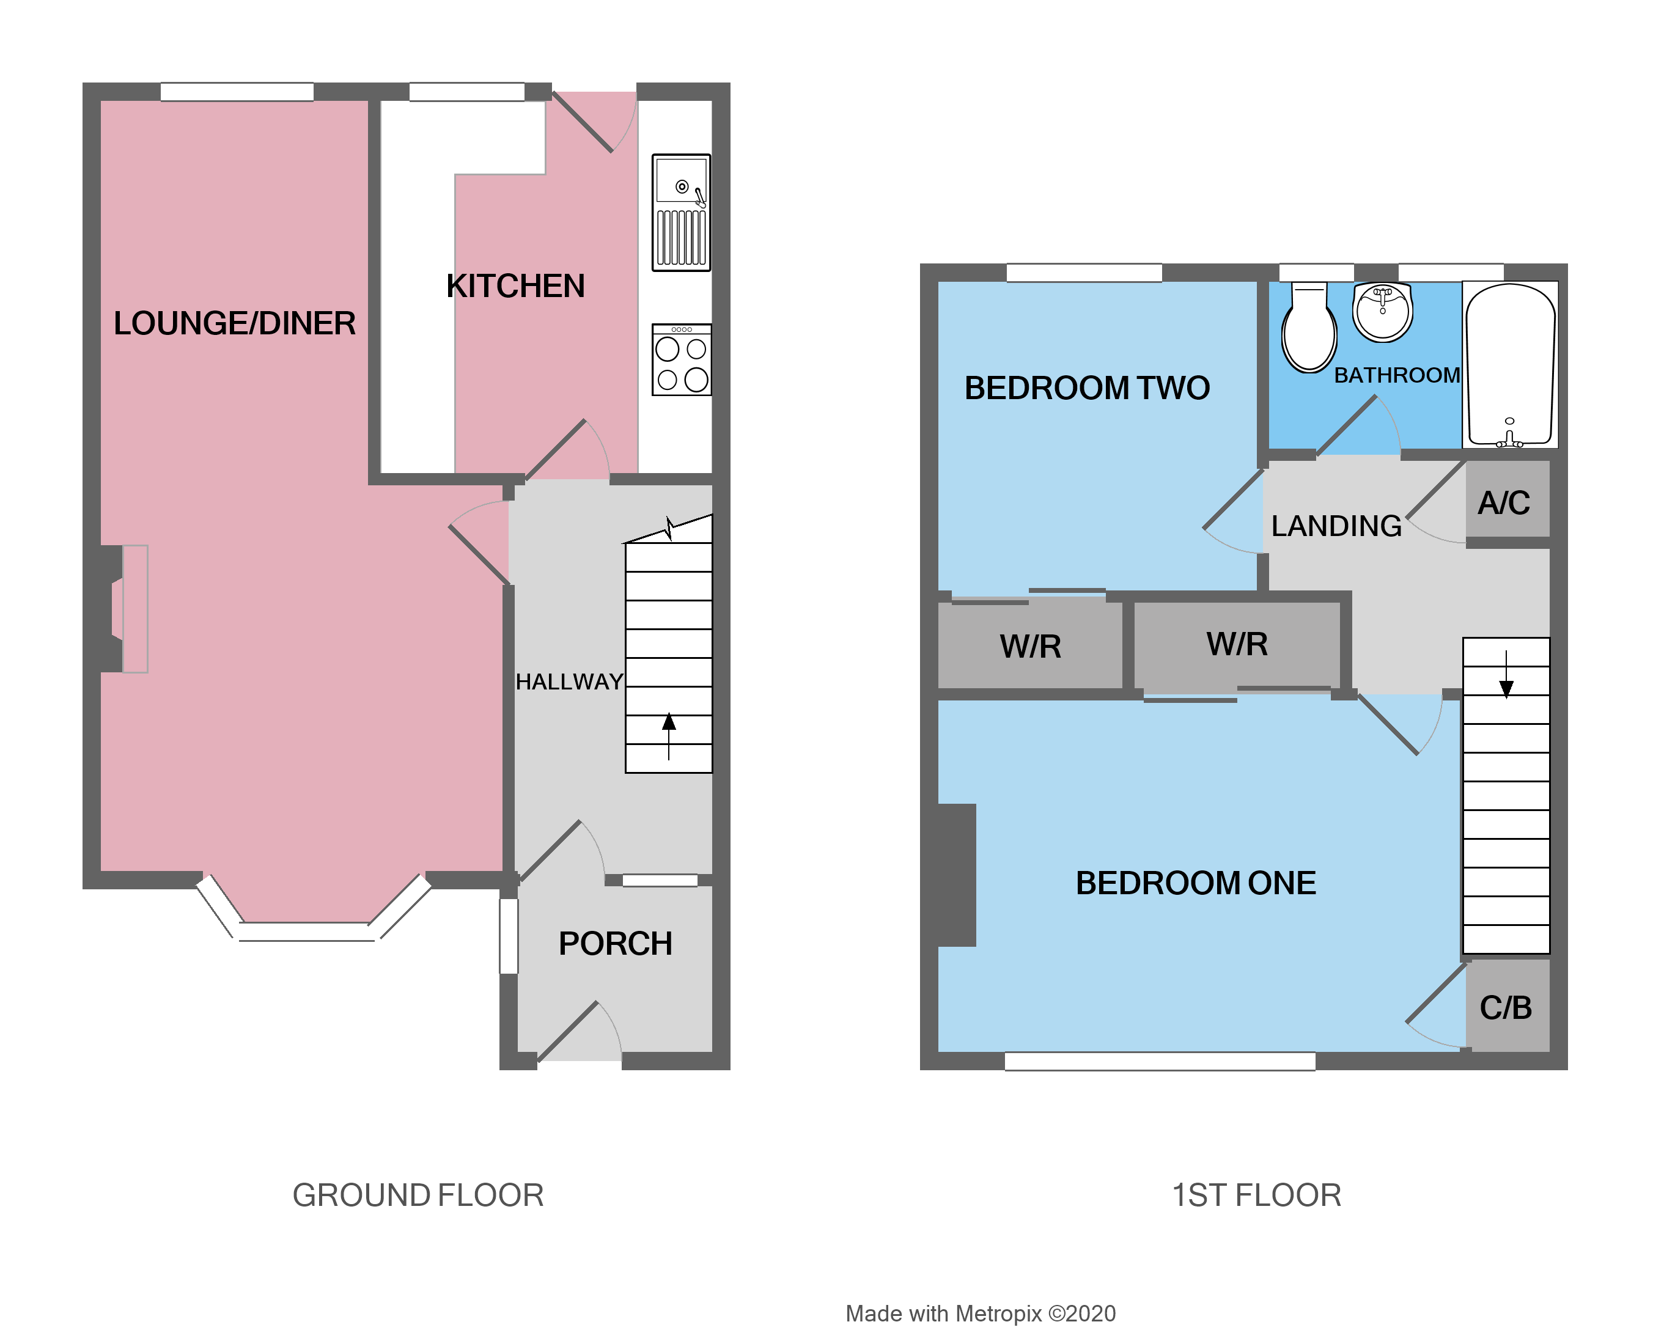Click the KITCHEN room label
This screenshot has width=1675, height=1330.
pyautogui.click(x=515, y=287)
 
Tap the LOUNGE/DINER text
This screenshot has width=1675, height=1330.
pyautogui.click(x=235, y=324)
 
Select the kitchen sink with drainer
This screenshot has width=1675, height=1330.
pyautogui.click(x=680, y=212)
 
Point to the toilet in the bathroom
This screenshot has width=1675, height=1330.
pyautogui.click(x=1309, y=328)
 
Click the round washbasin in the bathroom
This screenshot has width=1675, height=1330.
pyautogui.click(x=1382, y=312)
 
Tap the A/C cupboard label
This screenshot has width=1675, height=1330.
pyautogui.click(x=1503, y=504)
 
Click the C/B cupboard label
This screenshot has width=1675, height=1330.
pyautogui.click(x=1505, y=1009)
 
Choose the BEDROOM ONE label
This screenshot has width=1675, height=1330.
pyautogui.click(x=1195, y=883)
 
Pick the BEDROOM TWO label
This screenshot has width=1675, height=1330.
pyautogui.click(x=1086, y=389)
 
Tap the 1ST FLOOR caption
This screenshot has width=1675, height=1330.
pyautogui.click(x=1256, y=1196)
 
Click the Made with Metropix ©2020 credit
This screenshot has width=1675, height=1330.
pyautogui.click(x=981, y=1313)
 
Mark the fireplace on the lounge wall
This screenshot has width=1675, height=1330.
pyautogui.click(x=124, y=609)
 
